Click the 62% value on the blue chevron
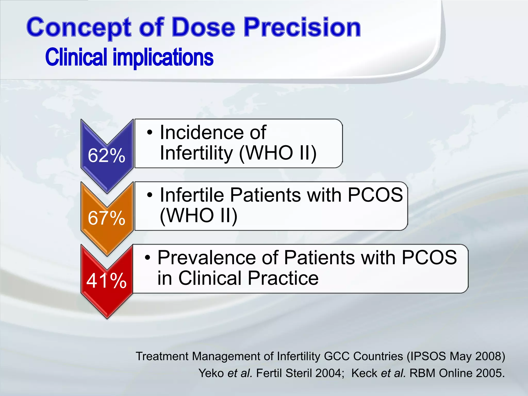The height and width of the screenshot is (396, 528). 106,156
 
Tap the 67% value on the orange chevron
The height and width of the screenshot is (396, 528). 106,218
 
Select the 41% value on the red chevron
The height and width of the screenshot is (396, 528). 106,280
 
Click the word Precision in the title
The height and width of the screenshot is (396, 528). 302,27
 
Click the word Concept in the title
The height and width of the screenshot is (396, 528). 79,28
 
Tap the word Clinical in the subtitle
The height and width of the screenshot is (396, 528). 76,57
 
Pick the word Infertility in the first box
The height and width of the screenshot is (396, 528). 196,153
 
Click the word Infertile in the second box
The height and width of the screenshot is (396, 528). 192,195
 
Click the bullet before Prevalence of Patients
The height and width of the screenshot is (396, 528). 147,258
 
